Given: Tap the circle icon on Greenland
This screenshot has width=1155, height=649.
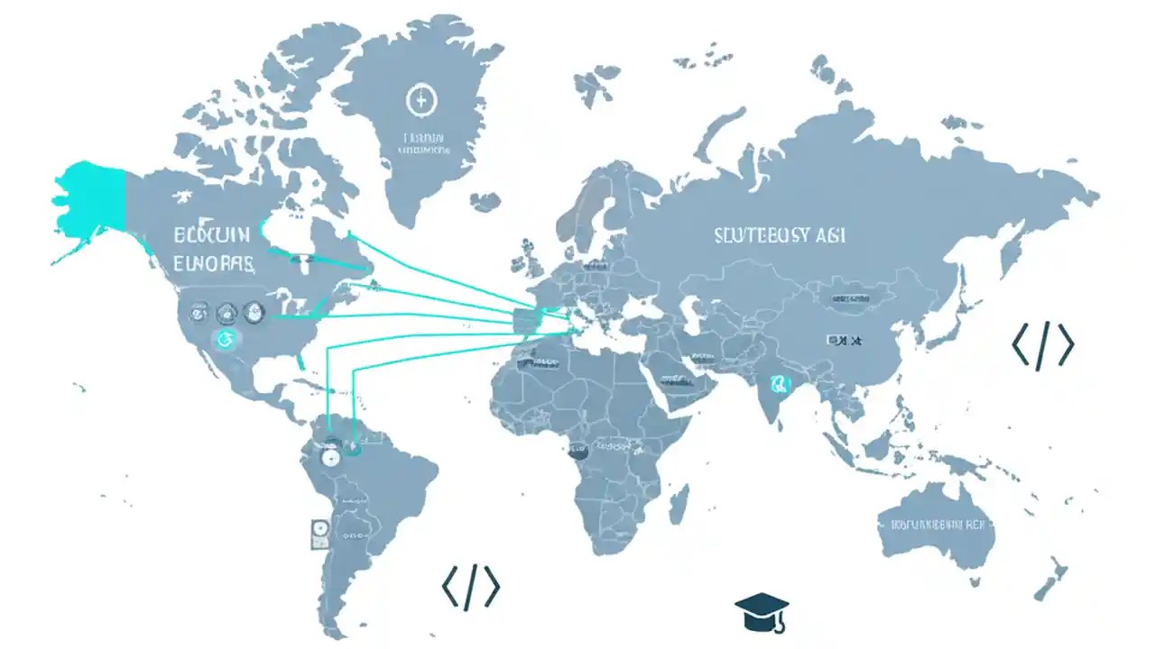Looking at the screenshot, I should (x=419, y=101).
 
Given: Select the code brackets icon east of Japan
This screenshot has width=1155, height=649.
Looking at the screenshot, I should (x=1042, y=345).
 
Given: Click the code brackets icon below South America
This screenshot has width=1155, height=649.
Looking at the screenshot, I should (x=470, y=588).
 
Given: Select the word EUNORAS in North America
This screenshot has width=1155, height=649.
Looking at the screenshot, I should (x=212, y=264).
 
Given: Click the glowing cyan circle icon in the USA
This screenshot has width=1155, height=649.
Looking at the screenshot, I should (x=226, y=339).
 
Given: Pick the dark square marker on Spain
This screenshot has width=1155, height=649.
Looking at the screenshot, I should (x=526, y=317).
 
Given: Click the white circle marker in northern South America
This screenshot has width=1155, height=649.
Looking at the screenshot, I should (x=329, y=457).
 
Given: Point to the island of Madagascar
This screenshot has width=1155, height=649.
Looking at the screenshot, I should (x=680, y=504).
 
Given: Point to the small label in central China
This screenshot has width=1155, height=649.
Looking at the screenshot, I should (x=844, y=341).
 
